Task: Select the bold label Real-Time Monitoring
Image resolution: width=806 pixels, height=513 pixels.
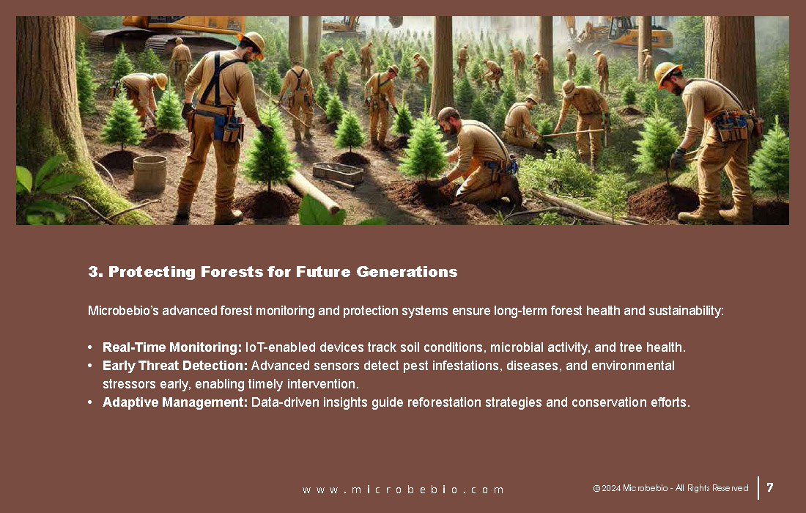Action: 172,347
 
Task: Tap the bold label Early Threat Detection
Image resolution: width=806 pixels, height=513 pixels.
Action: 175,366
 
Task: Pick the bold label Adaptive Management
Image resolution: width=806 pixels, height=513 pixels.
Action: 175,402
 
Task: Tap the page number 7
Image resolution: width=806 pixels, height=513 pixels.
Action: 770,487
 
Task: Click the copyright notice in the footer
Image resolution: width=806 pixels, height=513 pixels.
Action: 670,488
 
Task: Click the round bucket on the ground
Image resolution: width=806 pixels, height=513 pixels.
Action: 149,173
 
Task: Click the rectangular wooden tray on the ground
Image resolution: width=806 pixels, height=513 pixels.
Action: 338,173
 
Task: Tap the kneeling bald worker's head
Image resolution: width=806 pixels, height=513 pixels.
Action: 449,119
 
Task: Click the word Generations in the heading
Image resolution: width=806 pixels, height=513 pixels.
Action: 407,271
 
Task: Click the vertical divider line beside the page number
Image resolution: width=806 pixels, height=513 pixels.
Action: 758,488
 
